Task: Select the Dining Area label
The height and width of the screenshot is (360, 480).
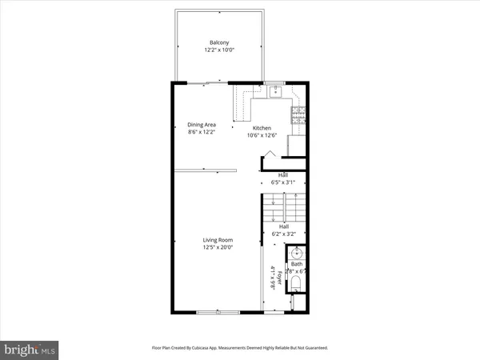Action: [202, 125]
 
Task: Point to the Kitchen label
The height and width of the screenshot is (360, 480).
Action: [262, 128]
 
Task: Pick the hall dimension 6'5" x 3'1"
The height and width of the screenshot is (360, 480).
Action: [283, 182]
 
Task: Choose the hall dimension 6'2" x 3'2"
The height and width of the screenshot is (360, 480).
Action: [283, 235]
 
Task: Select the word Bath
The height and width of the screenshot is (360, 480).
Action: [296, 263]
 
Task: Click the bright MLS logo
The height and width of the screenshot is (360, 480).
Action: [30, 349]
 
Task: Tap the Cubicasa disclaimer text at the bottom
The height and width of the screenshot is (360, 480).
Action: [239, 348]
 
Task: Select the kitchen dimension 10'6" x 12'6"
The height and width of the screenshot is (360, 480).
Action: [262, 135]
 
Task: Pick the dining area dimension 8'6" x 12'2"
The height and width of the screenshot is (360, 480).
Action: [202, 133]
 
